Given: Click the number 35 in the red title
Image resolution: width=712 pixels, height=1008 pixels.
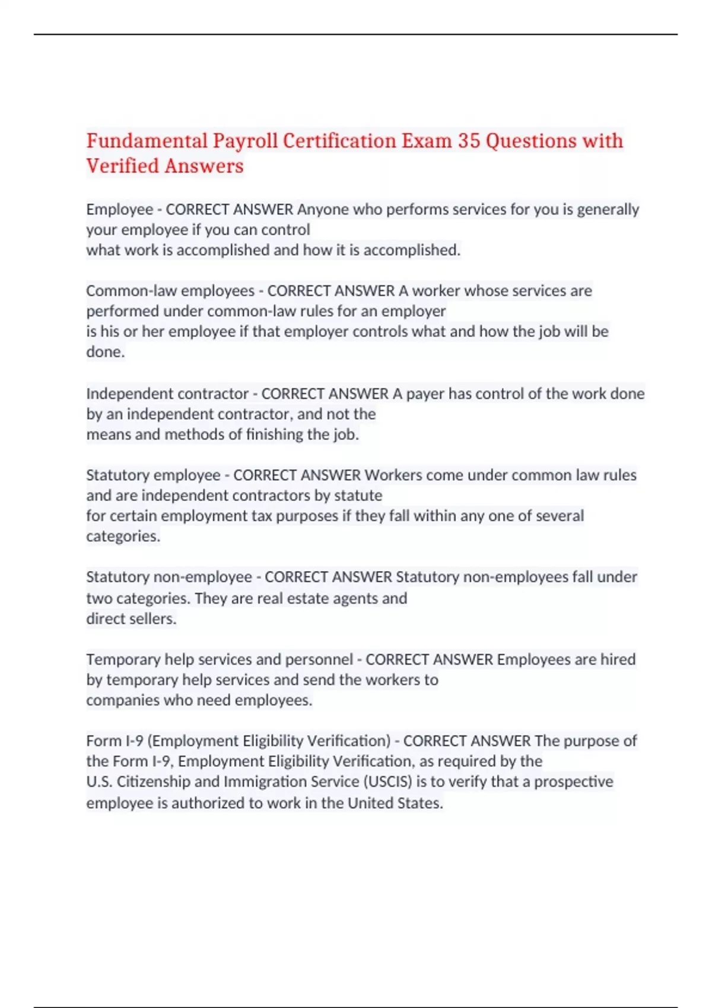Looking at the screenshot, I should [468, 141].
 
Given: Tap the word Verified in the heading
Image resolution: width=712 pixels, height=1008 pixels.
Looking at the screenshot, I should [123, 166].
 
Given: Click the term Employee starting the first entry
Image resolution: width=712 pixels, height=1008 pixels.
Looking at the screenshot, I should [119, 209].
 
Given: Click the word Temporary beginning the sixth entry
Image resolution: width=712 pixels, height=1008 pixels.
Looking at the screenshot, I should [123, 659].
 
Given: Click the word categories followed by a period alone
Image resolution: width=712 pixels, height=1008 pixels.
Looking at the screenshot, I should [123, 536].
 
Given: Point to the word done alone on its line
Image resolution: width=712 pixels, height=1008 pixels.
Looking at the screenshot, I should [105, 352].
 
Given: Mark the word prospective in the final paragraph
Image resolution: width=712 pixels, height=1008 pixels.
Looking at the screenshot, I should [573, 781].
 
